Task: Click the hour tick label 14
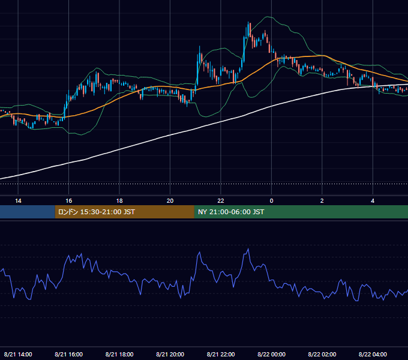coord(18,201)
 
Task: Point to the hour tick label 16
coord(68,201)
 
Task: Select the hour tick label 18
coord(119,201)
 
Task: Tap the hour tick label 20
coord(170,201)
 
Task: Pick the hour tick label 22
coord(221,201)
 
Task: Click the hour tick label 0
coord(271,201)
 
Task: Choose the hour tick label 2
coord(322,201)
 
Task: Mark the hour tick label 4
coord(373,201)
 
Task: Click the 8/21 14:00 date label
coord(18,354)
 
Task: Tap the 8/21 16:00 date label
coord(68,354)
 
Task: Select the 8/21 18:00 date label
coord(119,354)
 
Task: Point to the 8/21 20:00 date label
coord(170,354)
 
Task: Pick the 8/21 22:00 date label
coord(221,354)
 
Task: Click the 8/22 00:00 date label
coord(271,354)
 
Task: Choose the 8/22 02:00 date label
coord(322,354)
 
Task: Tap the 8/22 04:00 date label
coord(373,354)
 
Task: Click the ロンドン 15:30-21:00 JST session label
coord(96,212)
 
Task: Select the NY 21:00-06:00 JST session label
coord(231,212)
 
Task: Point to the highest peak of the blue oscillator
coord(248,249)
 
